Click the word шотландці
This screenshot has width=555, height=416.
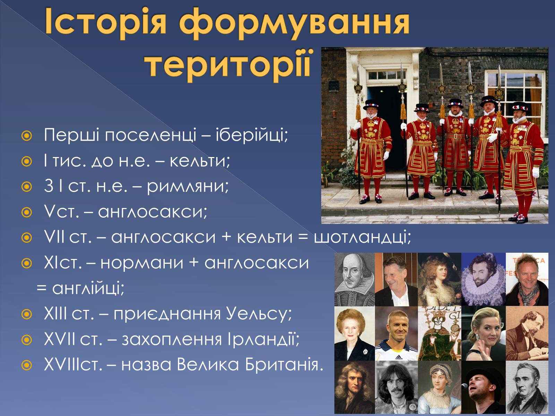coord(362,237)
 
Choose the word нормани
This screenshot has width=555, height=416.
coord(142,263)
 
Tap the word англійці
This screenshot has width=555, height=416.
coord(88,289)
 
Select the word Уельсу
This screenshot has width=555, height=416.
coord(259,314)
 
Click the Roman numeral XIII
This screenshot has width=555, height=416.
coord(55,313)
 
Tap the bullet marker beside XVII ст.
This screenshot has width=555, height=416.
coord(27,340)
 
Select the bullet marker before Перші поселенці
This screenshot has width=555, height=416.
coord(27,136)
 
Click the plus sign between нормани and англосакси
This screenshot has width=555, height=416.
coord(194,263)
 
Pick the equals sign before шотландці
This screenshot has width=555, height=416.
coord(303,237)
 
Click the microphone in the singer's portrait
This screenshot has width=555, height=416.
coord(464,386)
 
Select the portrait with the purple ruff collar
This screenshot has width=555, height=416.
coord(484,279)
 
